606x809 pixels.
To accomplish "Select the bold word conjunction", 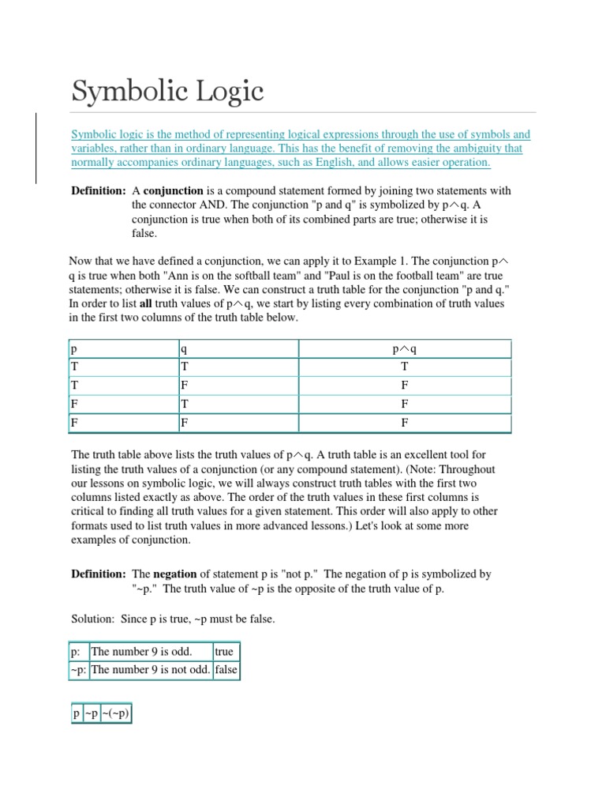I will [x=173, y=191].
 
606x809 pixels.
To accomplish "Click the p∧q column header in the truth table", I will [x=404, y=349].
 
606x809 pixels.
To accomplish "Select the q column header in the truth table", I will [x=183, y=349].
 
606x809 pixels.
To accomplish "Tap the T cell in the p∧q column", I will [x=404, y=367].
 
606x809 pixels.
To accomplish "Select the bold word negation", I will [x=174, y=574].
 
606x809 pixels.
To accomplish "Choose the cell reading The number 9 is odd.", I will [x=142, y=653].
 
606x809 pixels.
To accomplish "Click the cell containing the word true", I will [x=224, y=653].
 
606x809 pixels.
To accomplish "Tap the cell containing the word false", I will [x=226, y=671].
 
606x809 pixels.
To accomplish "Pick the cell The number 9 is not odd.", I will [x=151, y=671].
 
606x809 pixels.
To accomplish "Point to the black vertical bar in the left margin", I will [x=36, y=149].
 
